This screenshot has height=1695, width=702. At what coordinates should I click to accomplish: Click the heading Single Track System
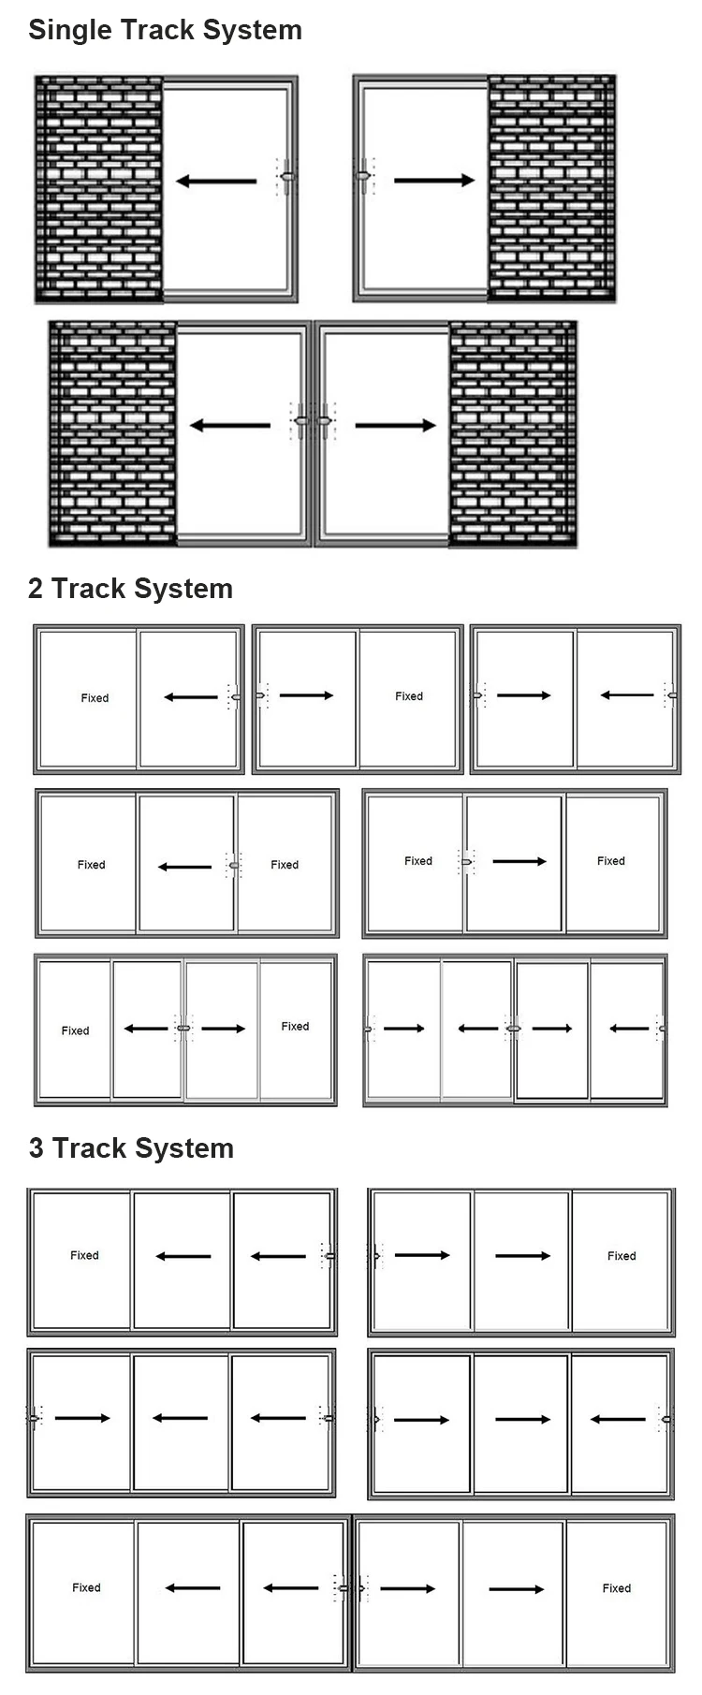click(x=165, y=30)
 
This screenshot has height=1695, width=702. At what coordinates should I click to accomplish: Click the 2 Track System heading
click(x=130, y=589)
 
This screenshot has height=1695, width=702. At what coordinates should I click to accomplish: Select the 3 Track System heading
click(x=131, y=1148)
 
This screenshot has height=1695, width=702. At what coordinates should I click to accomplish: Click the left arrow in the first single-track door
click(x=215, y=182)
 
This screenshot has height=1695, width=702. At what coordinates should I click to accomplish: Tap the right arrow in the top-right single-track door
click(x=434, y=181)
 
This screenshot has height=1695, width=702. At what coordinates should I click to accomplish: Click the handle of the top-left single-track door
click(x=287, y=176)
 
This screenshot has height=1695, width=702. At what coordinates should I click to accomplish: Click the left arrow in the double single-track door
click(x=229, y=426)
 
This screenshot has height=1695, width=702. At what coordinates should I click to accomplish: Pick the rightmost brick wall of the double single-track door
click(x=513, y=433)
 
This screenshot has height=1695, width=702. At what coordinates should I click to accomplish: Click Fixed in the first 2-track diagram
click(x=95, y=698)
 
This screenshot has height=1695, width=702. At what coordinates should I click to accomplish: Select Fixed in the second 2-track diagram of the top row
click(x=409, y=696)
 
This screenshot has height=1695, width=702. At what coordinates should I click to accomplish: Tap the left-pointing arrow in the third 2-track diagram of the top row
click(x=627, y=695)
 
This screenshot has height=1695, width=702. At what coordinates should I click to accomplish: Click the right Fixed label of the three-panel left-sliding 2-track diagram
click(x=285, y=865)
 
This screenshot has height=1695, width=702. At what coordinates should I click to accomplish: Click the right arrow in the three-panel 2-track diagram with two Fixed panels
click(x=519, y=861)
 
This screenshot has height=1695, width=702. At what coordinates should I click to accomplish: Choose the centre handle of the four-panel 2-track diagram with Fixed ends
click(x=183, y=1029)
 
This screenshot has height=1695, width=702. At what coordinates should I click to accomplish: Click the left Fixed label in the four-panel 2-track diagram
click(x=75, y=1030)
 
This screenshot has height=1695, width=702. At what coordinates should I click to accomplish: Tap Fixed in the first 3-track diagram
click(x=84, y=1255)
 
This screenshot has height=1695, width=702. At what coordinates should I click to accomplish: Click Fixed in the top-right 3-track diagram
click(x=622, y=1256)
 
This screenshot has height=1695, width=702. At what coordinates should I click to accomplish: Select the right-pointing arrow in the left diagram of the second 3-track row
click(x=82, y=1418)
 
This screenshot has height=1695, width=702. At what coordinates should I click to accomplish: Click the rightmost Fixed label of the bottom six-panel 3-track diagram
click(x=617, y=1588)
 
